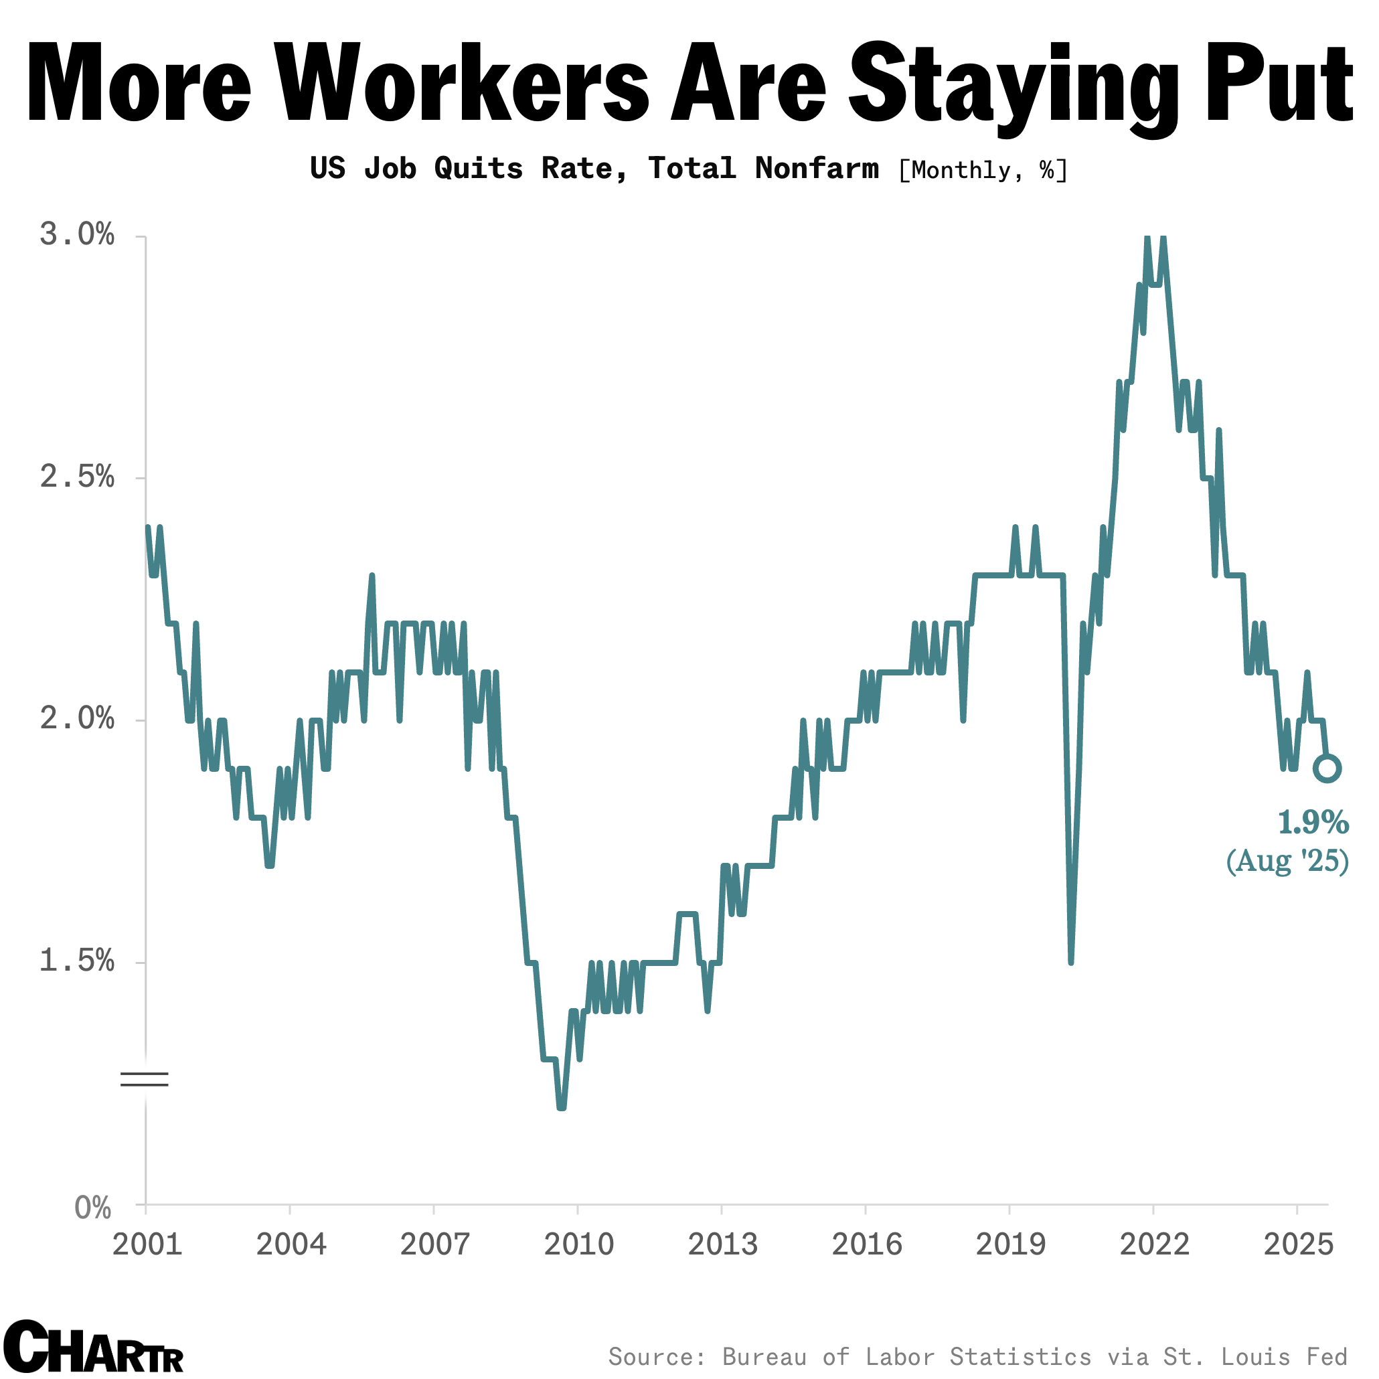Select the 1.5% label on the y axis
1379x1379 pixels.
(77, 961)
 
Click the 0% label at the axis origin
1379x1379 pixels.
(94, 1208)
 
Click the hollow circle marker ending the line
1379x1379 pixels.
(1327, 768)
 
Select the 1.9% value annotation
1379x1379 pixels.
(1313, 823)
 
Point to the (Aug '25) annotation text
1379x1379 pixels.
(1287, 861)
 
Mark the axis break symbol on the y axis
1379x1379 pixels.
(144, 1079)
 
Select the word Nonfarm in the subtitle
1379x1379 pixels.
(817, 169)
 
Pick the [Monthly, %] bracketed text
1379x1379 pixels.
(982, 170)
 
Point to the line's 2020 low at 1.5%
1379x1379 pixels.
(1070, 961)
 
